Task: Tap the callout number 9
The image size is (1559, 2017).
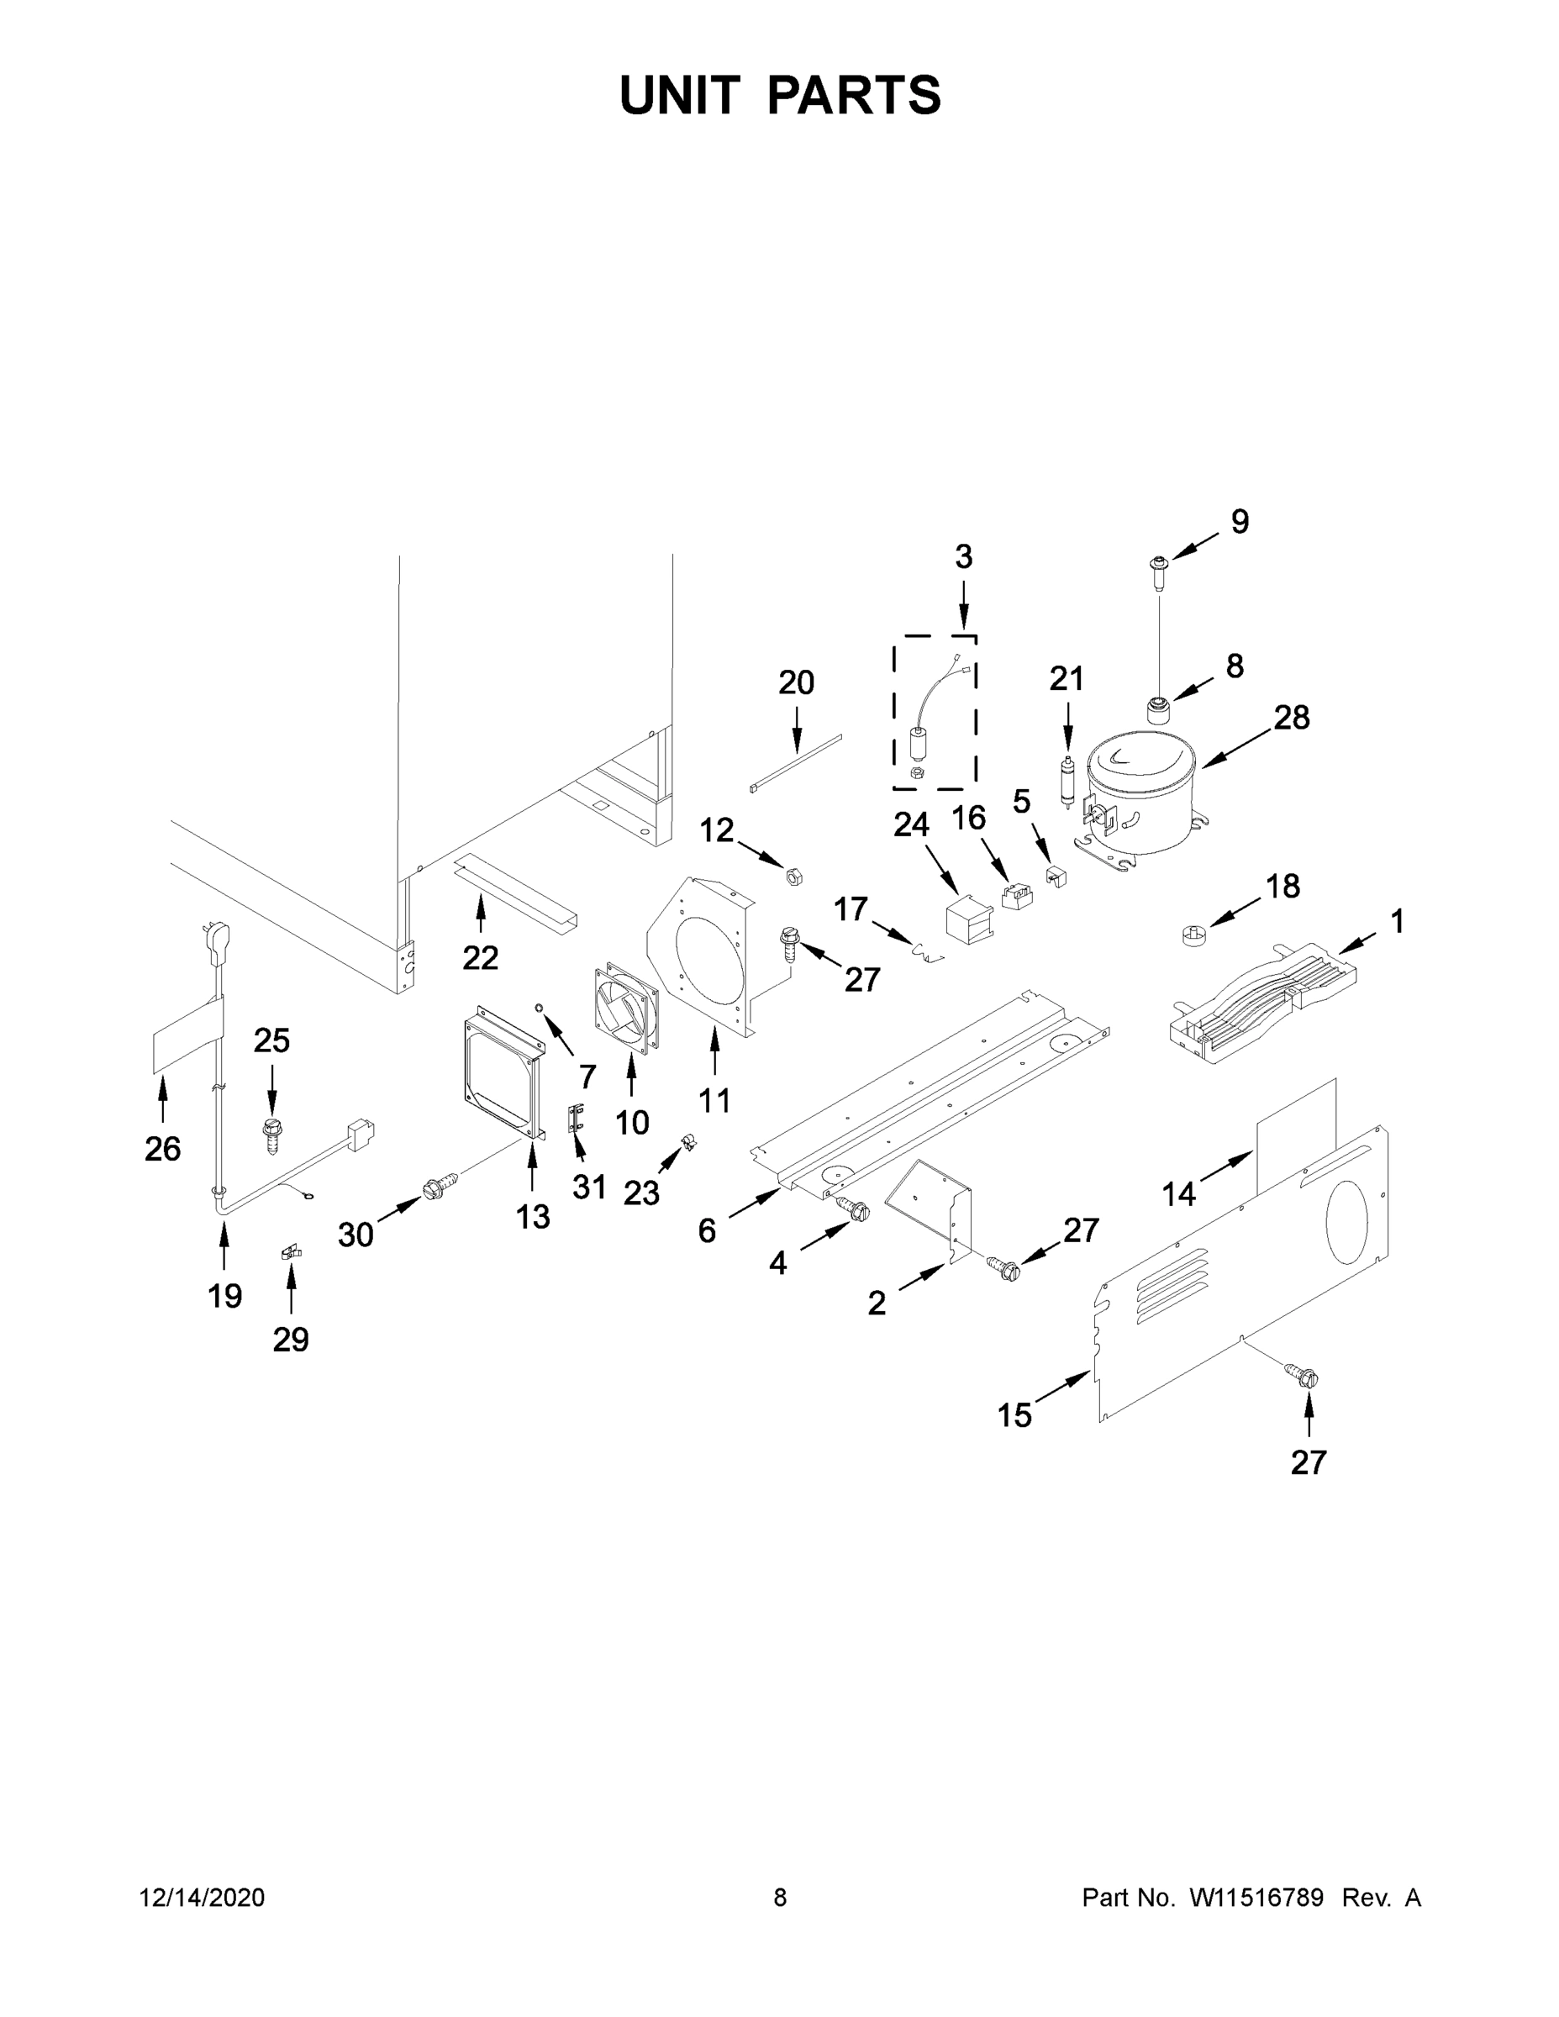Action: (x=1240, y=522)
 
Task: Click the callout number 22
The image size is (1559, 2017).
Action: (x=480, y=958)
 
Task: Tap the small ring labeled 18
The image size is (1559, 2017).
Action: (x=1195, y=935)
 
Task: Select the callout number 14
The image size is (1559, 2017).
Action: (x=1178, y=1194)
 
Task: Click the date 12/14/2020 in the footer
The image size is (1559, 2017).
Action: (x=203, y=1898)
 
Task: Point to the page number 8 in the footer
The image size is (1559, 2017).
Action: (x=780, y=1898)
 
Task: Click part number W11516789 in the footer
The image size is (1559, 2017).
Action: (x=1256, y=1898)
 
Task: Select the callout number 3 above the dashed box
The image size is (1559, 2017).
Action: (x=963, y=557)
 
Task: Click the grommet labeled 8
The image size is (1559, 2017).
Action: (x=1157, y=711)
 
